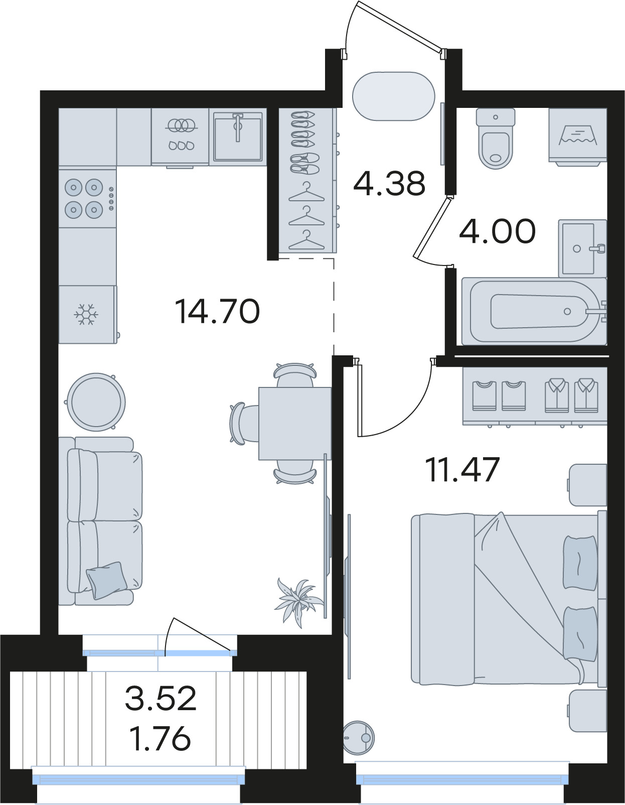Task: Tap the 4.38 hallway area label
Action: [389, 183]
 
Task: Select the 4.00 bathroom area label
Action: [497, 230]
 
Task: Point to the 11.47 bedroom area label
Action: [462, 469]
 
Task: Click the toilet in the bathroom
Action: [496, 138]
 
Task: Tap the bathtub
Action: [534, 312]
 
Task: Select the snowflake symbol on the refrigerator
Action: [86, 315]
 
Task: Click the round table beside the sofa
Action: [96, 402]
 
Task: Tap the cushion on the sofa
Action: [107, 580]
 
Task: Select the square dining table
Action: [295, 423]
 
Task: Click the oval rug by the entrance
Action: [394, 96]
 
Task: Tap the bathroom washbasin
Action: [582, 248]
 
